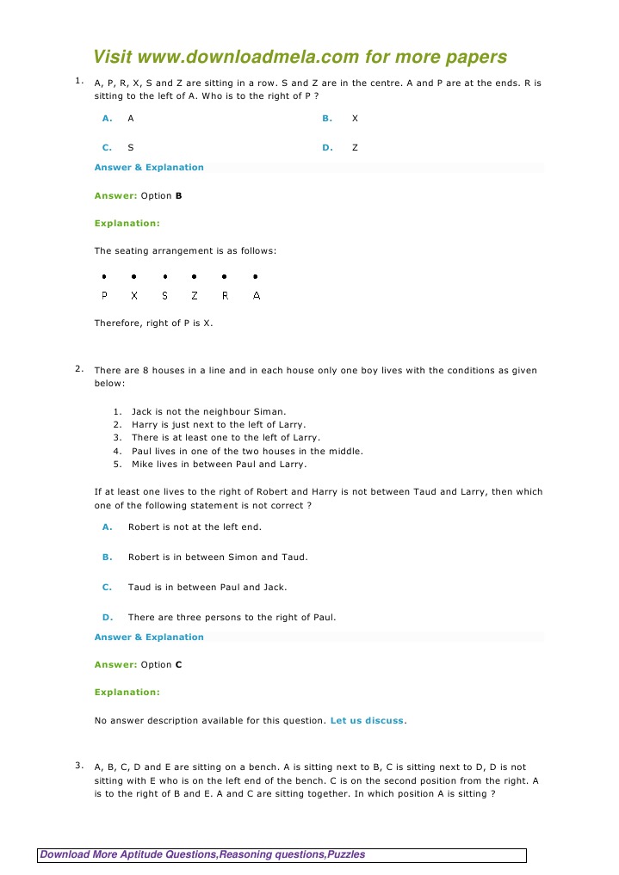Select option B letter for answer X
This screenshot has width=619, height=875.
click(x=327, y=118)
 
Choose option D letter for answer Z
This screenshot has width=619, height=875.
click(x=327, y=148)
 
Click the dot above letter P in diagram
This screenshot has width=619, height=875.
click(x=104, y=277)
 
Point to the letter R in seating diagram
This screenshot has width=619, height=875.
click(x=225, y=295)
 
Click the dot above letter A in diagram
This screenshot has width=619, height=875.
click(x=256, y=277)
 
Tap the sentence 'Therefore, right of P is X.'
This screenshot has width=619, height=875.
click(x=153, y=324)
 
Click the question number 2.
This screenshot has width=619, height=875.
click(x=77, y=369)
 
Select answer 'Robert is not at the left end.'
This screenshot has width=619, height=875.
click(x=195, y=527)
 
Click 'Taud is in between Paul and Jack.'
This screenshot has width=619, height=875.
click(x=207, y=587)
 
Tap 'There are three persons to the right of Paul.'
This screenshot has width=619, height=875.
click(x=232, y=617)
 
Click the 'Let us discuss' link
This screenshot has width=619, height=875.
click(x=367, y=720)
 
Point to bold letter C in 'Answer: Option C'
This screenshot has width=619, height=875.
click(x=178, y=665)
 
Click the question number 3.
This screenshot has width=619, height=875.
click(x=77, y=765)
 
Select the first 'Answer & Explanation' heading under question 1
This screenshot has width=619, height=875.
click(x=149, y=167)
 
